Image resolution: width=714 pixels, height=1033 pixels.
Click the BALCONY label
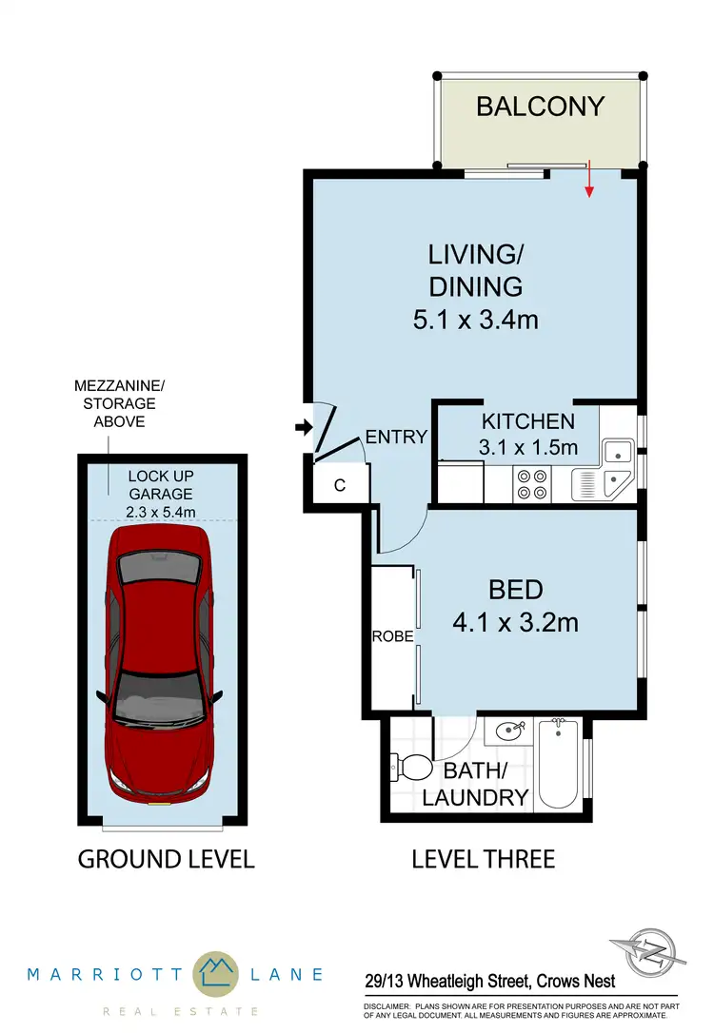pyautogui.click(x=540, y=106)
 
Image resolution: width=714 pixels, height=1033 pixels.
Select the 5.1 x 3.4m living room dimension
pyautogui.click(x=475, y=319)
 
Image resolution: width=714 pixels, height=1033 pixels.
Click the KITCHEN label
pyautogui.click(x=527, y=421)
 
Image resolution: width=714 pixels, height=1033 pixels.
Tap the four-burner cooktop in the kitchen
pyautogui.click(x=530, y=485)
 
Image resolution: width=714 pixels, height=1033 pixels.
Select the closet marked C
pyautogui.click(x=340, y=483)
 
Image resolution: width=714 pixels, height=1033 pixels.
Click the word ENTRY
pyautogui.click(x=396, y=437)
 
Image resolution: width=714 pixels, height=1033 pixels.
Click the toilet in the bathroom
pyautogui.click(x=409, y=766)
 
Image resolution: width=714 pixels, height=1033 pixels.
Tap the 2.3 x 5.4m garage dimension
pyautogui.click(x=161, y=513)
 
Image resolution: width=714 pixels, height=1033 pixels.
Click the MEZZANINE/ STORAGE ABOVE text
pyautogui.click(x=119, y=402)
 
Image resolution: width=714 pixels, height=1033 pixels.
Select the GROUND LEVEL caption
pyautogui.click(x=166, y=859)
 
